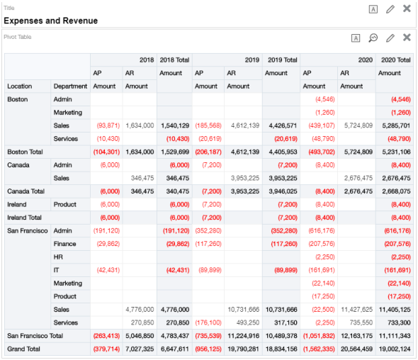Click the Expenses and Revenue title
coord(50,21)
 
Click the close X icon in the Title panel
coord(407,9)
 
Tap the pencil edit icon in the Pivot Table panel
coord(390,38)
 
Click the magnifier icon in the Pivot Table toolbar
coord(373,38)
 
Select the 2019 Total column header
coord(281,60)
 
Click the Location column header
coord(19,86)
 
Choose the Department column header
coord(70,86)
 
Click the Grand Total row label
coord(24,349)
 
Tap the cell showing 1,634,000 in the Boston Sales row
coord(140,125)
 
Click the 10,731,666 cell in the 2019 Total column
coord(281,310)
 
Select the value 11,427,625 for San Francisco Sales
coord(356,310)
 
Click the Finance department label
coord(66,244)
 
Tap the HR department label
coord(58,257)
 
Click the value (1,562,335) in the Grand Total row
coord(317,349)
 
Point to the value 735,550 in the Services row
coord(358,322)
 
